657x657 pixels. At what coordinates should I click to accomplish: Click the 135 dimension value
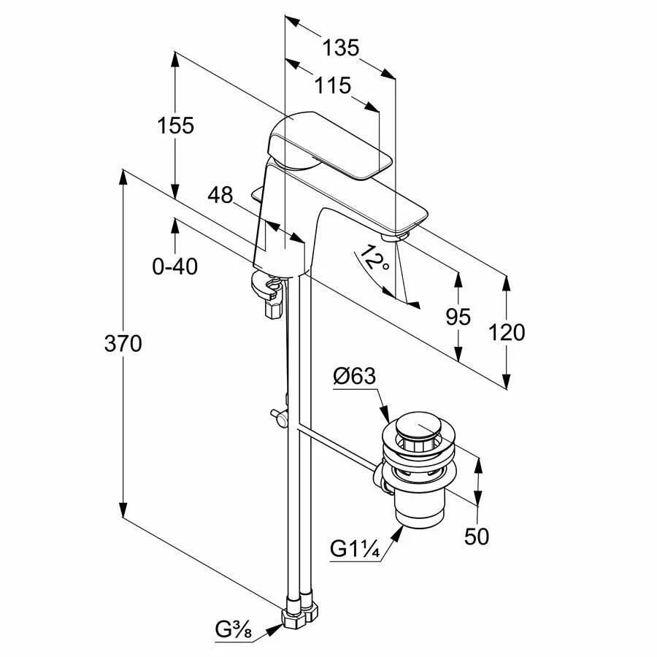(x=341, y=49)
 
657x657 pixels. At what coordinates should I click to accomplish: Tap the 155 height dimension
(x=175, y=126)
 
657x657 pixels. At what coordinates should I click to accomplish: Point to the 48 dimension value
(x=220, y=195)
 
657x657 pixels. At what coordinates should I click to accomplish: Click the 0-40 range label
(x=174, y=267)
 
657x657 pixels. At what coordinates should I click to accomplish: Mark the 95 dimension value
(x=458, y=317)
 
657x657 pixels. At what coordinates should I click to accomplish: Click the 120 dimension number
(x=507, y=332)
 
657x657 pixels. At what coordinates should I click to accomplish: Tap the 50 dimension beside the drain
(x=477, y=537)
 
